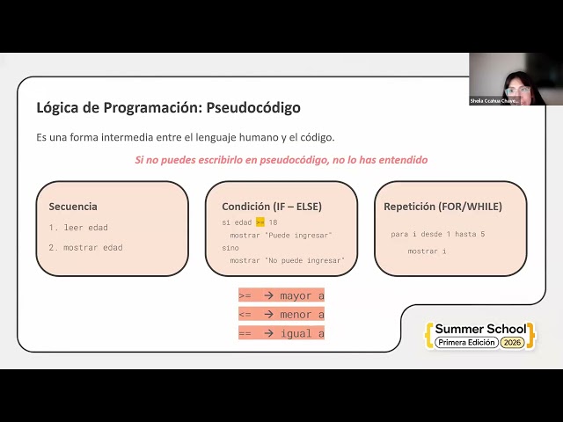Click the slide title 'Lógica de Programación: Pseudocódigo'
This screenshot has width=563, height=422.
point(168,108)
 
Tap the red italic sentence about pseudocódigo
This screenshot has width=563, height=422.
point(281,160)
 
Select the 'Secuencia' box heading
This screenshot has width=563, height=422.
point(73,207)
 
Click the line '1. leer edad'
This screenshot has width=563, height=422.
point(78,228)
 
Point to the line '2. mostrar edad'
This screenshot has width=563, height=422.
point(85,248)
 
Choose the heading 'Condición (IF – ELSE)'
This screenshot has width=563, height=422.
point(272,207)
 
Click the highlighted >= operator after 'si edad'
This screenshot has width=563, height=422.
point(260,222)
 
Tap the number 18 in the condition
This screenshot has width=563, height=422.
point(273,222)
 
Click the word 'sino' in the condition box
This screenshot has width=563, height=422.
point(230,248)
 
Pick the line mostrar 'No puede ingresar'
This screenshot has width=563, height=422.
point(287,260)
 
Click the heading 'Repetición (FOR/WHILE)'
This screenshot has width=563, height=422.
point(442,207)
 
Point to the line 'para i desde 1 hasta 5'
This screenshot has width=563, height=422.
point(438,235)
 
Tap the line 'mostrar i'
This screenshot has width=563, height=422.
point(427,251)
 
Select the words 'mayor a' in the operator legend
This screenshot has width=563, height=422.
point(302,295)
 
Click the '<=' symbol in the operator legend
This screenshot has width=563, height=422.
point(245,314)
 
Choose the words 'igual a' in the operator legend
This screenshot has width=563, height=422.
point(302,333)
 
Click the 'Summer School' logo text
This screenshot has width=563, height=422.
point(480,329)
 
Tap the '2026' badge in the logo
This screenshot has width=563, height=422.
point(512,342)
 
